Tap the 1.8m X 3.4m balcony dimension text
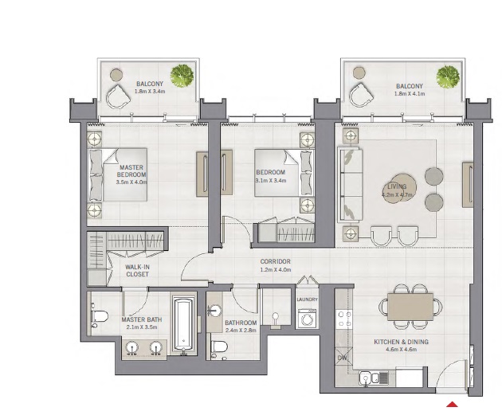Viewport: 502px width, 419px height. click(x=150, y=92)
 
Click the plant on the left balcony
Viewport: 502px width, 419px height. click(x=184, y=76)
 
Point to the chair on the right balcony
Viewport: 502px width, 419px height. click(x=361, y=94)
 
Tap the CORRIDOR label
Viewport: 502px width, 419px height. click(x=274, y=261)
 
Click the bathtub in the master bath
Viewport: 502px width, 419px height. click(x=182, y=325)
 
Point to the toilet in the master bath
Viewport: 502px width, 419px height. click(x=99, y=317)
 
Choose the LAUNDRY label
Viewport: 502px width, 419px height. click(x=307, y=300)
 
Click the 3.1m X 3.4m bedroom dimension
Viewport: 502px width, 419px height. click(x=271, y=180)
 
